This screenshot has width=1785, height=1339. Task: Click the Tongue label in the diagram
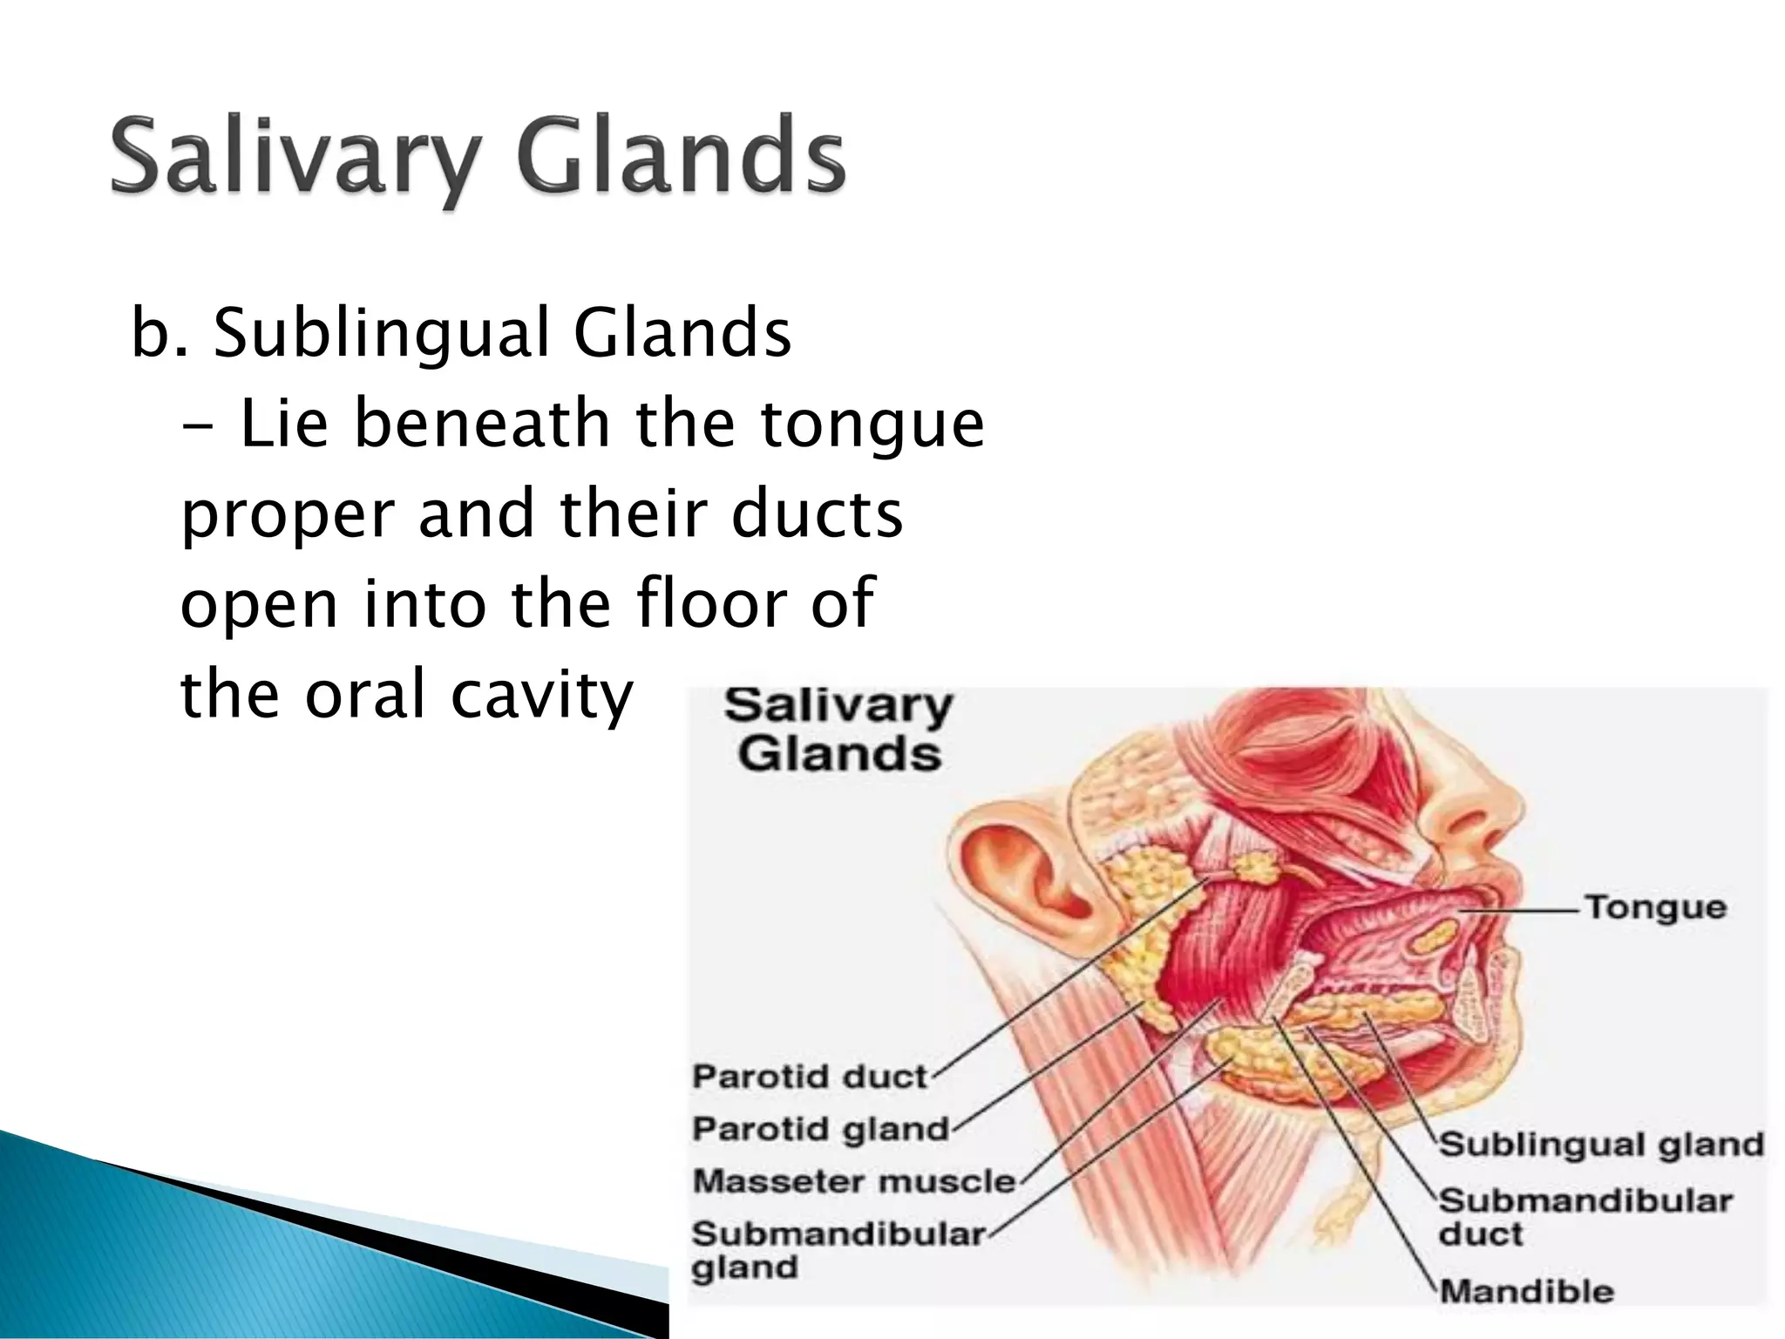click(x=1654, y=907)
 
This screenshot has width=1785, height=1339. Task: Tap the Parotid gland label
click(x=819, y=1129)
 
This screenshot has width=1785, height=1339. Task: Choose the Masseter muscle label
click(x=854, y=1181)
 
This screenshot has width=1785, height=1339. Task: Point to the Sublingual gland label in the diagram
click(x=1600, y=1145)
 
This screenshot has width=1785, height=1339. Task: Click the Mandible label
click(x=1525, y=1291)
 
